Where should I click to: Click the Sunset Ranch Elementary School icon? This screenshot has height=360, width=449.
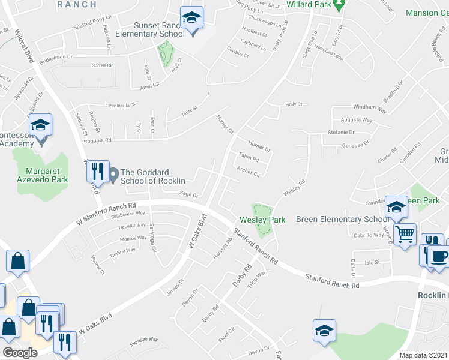coord(192,18)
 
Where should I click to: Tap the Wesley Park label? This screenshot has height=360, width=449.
coord(262,220)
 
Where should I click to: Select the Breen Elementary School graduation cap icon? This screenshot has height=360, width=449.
coord(396,208)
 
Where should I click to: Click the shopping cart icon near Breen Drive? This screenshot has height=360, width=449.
coord(406,235)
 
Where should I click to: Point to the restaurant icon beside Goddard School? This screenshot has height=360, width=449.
coord(97,172)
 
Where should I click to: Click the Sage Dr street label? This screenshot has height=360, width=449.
coord(189,194)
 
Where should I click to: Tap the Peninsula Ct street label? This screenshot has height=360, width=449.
coord(122,106)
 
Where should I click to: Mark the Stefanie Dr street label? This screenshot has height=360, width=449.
coord(341,132)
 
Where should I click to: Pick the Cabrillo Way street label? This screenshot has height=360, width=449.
coord(369,235)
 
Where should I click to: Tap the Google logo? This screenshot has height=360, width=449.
coord(19,353)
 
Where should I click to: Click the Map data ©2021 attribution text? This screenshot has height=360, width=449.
coord(424,355)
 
